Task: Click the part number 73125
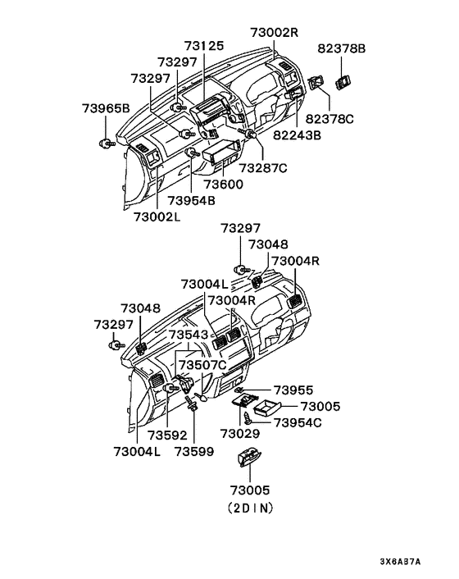[204, 46]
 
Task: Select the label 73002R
[274, 33]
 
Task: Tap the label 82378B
[341, 48]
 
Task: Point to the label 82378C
[329, 119]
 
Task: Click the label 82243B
[297, 135]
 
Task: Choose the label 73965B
[106, 108]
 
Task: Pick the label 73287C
[263, 168]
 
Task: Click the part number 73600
[224, 184]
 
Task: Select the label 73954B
[192, 200]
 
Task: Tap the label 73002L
[157, 217]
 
